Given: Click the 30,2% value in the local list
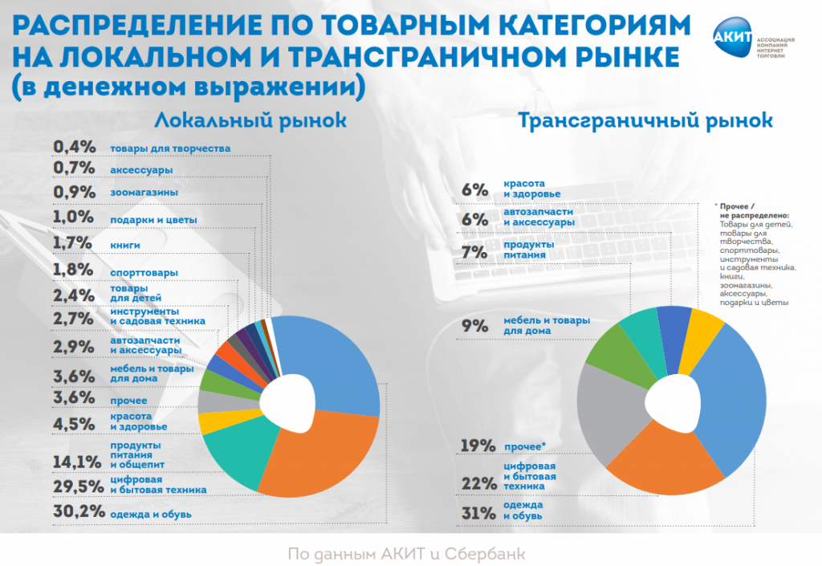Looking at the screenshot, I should coord(78,511).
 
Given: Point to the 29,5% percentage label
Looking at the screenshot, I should coord(78,486).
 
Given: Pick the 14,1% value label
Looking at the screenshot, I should coord(78,462).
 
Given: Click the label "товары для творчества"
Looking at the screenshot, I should coord(170,149).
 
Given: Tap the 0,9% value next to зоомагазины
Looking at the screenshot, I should coord(74,193).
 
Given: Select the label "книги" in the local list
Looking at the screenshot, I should coord(126,244).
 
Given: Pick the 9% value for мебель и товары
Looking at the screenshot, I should coord(475,326).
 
